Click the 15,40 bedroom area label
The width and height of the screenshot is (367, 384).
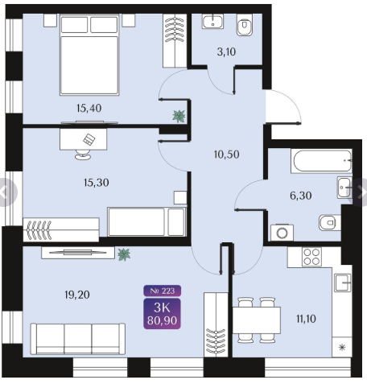pos(89,108)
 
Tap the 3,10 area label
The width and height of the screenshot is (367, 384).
pos(226,52)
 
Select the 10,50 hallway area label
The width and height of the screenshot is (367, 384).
pos(226,155)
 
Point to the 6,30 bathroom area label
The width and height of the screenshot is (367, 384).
pos(301,196)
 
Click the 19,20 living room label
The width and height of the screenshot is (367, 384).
pos(77,295)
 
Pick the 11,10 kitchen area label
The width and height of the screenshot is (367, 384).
pos(306,319)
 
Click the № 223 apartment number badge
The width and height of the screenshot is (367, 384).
pos(162,291)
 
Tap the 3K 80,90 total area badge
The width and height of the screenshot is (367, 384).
pos(162,314)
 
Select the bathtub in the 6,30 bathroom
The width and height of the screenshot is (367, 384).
pos(321,161)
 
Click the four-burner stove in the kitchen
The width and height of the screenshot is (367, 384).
pos(311,257)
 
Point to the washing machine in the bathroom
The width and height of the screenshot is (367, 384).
pos(282,233)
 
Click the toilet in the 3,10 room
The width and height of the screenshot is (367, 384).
pos(245,25)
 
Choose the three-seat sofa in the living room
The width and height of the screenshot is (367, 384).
pos(78,339)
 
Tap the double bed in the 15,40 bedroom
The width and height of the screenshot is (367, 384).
pos(89,55)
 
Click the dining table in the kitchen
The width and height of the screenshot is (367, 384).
pos(257,320)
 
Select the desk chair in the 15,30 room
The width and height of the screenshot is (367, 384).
pos(83,155)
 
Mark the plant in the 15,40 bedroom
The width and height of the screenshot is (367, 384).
pos(179,116)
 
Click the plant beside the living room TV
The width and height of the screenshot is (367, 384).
pos(124,254)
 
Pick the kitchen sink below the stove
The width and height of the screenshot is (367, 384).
pos(343,283)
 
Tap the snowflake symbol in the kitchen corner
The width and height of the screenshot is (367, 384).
pos(342,348)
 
